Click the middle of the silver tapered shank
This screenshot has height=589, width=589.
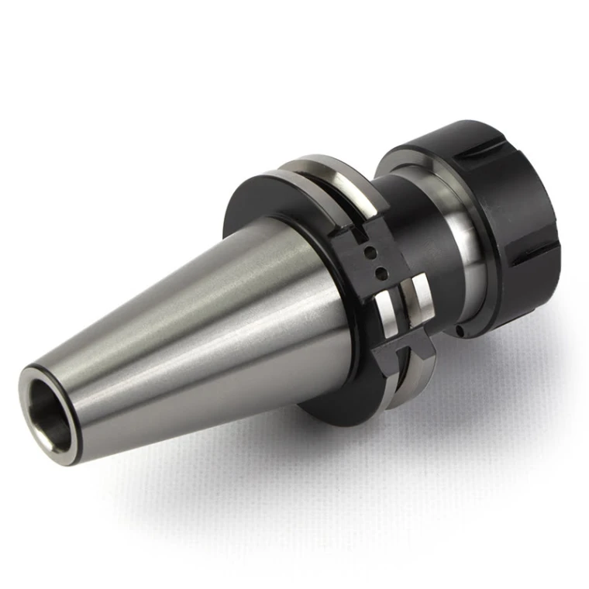pos(194,325)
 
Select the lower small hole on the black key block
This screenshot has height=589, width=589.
pos(381,271)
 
